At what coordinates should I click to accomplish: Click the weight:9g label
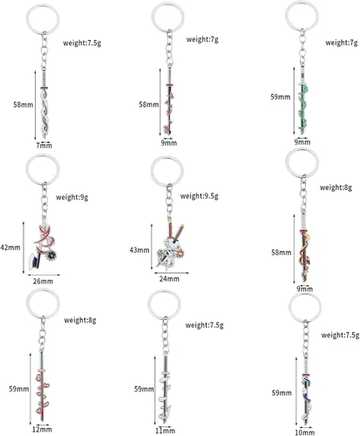coord(72,197)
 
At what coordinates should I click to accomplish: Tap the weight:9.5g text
coord(199,196)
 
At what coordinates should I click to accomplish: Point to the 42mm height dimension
coord(10,248)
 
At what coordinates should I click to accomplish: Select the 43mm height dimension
coord(139,250)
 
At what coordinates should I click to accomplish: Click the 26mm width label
coord(43,281)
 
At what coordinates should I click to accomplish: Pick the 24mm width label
coord(169,279)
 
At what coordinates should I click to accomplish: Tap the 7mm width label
coord(44,146)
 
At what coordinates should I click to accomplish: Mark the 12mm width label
coord(42,429)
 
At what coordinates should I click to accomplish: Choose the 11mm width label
coord(165,431)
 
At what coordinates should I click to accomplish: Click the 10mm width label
coord(304,433)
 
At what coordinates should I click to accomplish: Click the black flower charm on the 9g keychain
coord(52,256)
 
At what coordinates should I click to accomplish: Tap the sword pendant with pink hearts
coord(43,386)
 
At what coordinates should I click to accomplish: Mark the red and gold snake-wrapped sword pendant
coord(304,250)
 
